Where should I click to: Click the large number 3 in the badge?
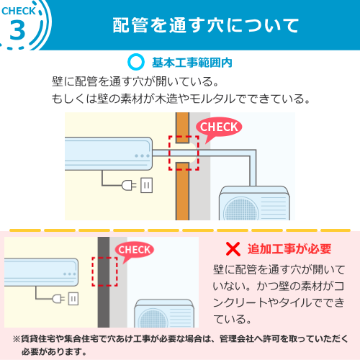(17, 31)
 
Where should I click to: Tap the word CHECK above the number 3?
(19, 11)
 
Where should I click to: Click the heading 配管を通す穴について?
(206, 25)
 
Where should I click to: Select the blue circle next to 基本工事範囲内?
(136, 62)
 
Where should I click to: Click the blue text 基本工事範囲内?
(192, 63)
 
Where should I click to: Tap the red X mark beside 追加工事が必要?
(233, 249)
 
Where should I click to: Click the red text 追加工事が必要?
(289, 248)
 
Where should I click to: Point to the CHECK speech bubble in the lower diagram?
(135, 251)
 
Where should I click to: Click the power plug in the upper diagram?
(129, 185)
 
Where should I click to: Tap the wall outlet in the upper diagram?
(146, 185)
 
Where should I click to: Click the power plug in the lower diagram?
(58, 299)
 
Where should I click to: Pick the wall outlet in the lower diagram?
(73, 299)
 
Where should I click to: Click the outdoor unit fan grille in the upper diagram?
(240, 209)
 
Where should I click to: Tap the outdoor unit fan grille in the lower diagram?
(153, 318)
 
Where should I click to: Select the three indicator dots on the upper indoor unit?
(142, 156)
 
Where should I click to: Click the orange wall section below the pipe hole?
(182, 192)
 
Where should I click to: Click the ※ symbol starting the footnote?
(17, 339)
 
